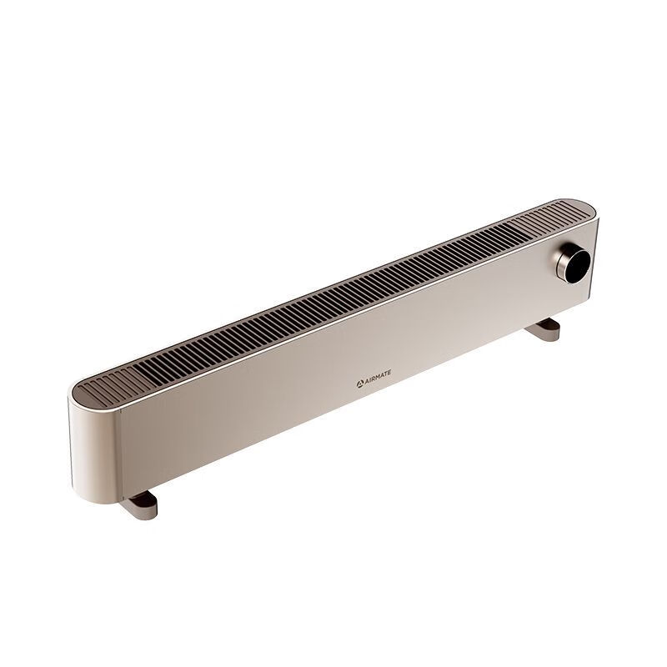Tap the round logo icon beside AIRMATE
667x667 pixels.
(359, 384)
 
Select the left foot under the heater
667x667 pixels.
(138, 505)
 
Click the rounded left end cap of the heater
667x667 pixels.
(94, 451)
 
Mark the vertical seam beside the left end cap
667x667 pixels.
(121, 451)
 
